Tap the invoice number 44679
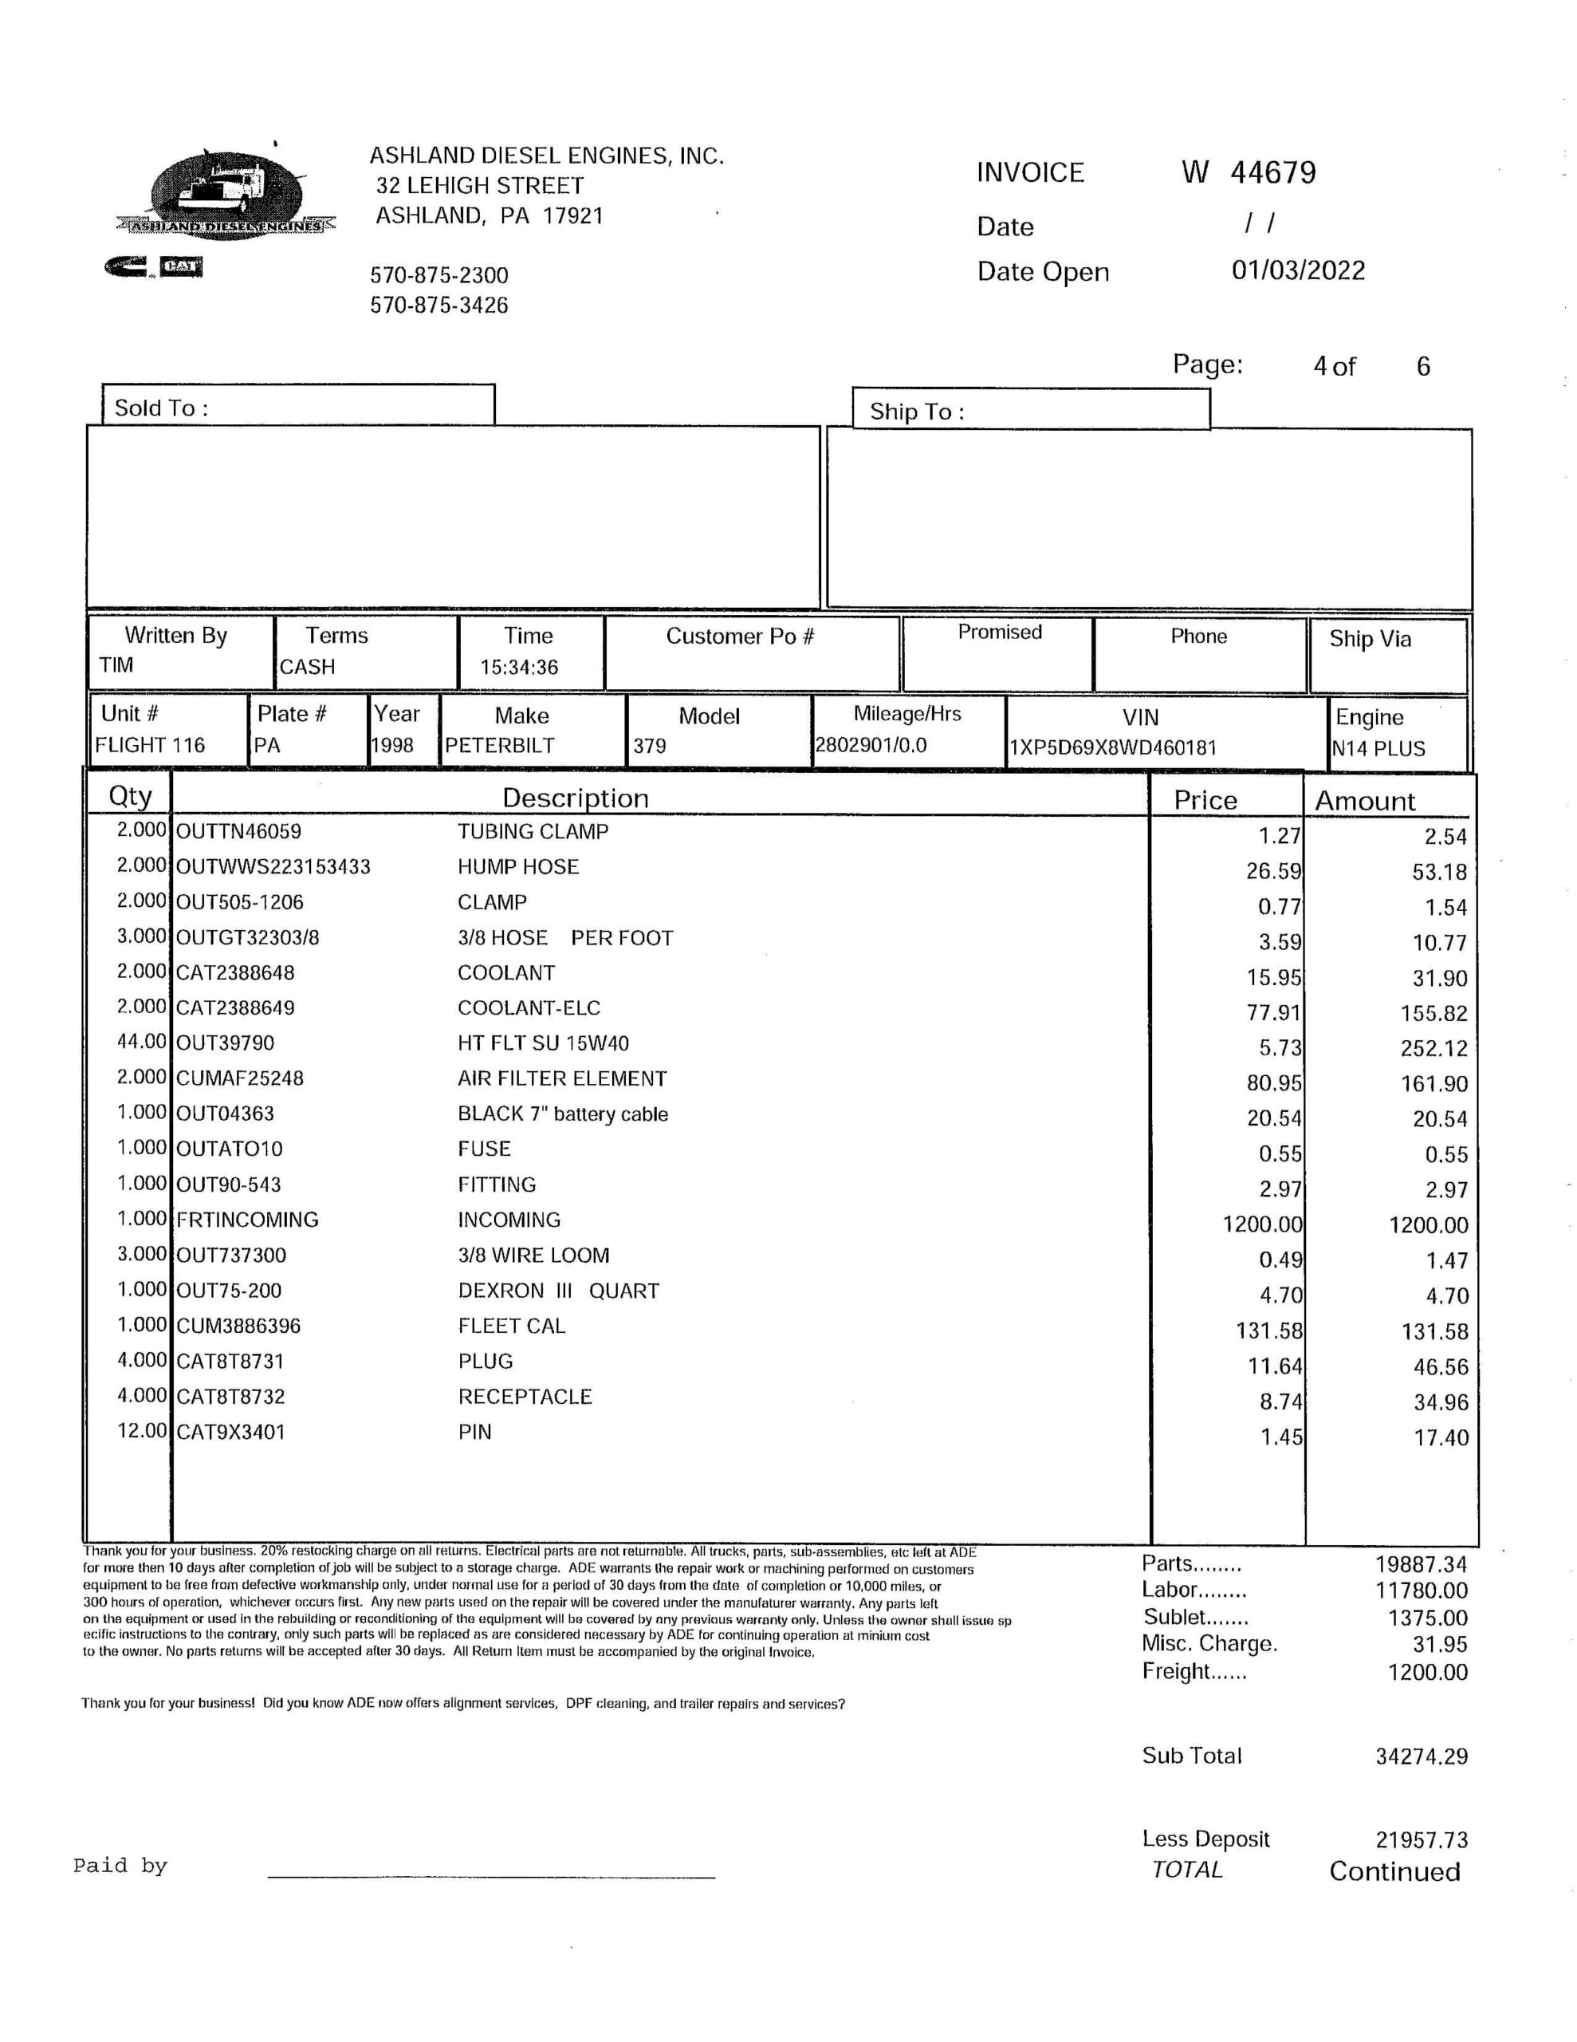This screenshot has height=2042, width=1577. pos(1272,173)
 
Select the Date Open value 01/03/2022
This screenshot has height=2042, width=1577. pos(1297,271)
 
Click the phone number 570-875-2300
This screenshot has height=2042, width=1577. pos(438,276)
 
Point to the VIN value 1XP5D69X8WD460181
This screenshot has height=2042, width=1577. pos(1112,748)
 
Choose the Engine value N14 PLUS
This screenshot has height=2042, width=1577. pos(1378,749)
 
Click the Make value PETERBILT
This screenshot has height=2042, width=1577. pos(499,746)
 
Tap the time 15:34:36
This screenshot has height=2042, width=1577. pos(519,668)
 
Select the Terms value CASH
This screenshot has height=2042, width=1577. pos(307,668)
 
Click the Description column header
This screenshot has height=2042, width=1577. pos(575,798)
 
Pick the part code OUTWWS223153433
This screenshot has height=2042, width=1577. pos(273,868)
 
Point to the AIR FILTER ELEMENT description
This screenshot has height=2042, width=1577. pos(562,1079)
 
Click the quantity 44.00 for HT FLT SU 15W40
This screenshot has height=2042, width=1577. pos(141,1042)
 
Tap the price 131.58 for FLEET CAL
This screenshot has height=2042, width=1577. pos(1268,1330)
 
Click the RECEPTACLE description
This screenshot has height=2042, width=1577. pos(525,1397)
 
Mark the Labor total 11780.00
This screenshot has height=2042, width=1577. pos(1421,1591)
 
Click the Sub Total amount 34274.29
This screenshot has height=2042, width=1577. pos(1421,1756)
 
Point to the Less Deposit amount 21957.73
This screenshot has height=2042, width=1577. pos(1421,1840)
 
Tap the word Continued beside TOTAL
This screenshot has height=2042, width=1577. pos(1394,1872)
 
